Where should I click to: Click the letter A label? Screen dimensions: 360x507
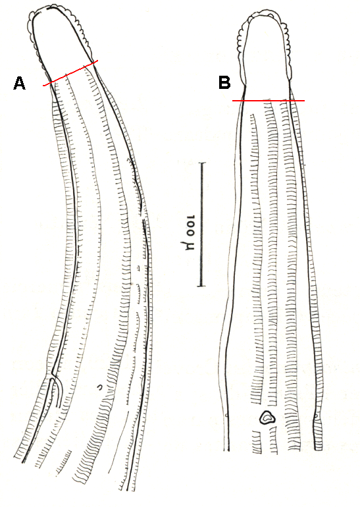point(19,83)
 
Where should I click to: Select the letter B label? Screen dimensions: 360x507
point(224,82)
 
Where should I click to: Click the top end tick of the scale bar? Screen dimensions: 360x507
point(202,163)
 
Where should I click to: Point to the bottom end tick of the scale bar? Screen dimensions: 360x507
point(202,286)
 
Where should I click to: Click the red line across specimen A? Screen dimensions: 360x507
point(70,73)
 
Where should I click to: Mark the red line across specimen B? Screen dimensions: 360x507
point(269,101)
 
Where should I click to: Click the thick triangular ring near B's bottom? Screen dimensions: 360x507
point(267,417)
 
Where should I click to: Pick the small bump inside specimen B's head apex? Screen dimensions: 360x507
point(270,15)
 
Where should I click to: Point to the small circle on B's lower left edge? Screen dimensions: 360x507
point(226,415)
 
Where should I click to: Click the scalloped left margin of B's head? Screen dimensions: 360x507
point(241,49)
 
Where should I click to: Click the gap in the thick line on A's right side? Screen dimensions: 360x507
point(143,214)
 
